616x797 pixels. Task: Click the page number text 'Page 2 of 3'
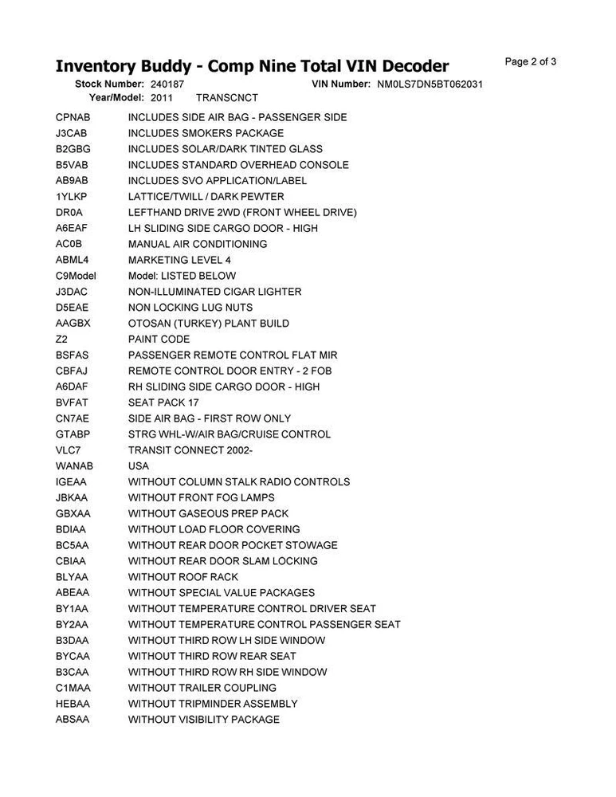tap(531, 62)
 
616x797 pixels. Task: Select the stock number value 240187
tap(167, 84)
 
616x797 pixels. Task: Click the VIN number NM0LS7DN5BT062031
tap(430, 84)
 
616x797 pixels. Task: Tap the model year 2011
tap(162, 97)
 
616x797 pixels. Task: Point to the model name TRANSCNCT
tap(227, 97)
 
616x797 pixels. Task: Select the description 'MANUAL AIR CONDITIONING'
tap(198, 244)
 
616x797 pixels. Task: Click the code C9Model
tap(76, 276)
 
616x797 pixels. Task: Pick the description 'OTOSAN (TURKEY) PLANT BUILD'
tap(209, 324)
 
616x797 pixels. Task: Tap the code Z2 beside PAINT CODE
tap(61, 339)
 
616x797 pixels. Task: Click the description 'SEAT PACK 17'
tap(163, 402)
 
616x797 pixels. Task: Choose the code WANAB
tap(74, 465)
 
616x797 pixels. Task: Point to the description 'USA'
tap(139, 465)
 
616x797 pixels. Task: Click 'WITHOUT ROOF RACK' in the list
tap(183, 576)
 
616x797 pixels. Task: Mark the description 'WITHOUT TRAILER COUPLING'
tap(202, 688)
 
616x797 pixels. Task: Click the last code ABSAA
tap(73, 719)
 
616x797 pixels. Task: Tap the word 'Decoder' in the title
tap(406, 66)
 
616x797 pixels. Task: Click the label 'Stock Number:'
tap(109, 84)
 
